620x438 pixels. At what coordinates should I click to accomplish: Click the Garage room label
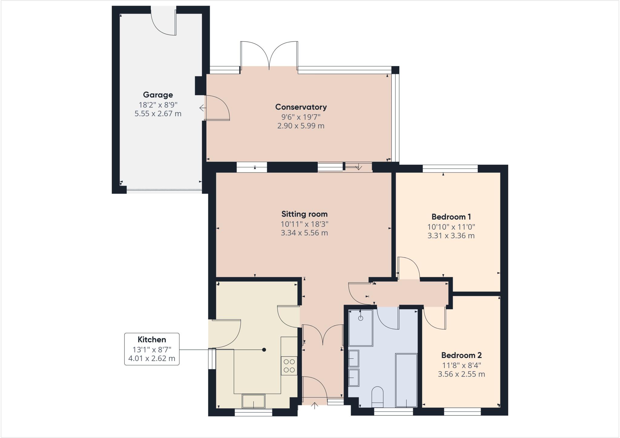click(x=158, y=95)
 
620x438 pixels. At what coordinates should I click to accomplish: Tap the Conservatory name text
click(x=301, y=107)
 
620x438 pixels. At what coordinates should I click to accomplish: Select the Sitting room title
click(x=304, y=214)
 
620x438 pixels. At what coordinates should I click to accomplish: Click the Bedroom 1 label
click(x=451, y=217)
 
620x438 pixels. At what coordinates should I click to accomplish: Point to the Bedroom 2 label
click(x=461, y=355)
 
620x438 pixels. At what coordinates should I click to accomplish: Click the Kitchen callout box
click(x=152, y=349)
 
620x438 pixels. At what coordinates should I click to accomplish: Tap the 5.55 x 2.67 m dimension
click(x=158, y=114)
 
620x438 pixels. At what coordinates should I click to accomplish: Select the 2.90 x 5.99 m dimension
click(x=301, y=126)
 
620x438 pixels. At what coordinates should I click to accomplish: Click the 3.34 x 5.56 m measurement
click(x=304, y=233)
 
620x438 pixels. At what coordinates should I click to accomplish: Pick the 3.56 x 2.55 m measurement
click(x=461, y=374)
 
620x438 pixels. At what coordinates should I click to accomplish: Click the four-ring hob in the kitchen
click(x=289, y=366)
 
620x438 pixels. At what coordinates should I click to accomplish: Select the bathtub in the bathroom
click(x=406, y=380)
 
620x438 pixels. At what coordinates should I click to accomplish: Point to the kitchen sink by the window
click(x=253, y=401)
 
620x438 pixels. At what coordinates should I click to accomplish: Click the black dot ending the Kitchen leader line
click(x=264, y=350)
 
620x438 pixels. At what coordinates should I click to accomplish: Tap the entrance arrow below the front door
click(x=315, y=405)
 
